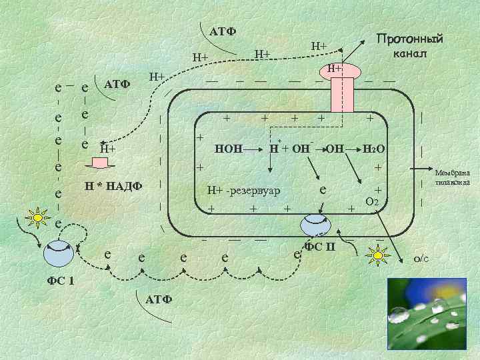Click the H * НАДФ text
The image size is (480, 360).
point(113,185)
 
